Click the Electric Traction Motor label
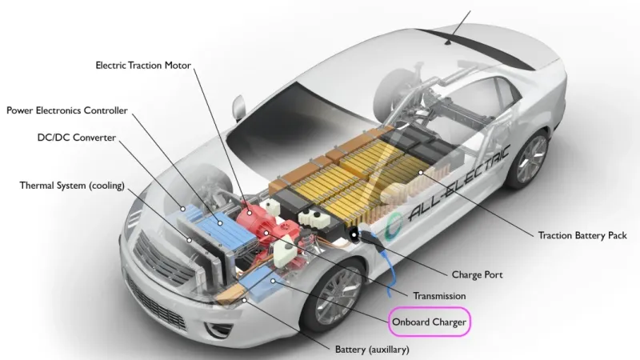(x=143, y=65)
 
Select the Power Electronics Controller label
(x=67, y=110)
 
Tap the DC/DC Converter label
(x=77, y=138)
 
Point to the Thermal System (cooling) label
(x=72, y=186)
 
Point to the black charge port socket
(x=354, y=234)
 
